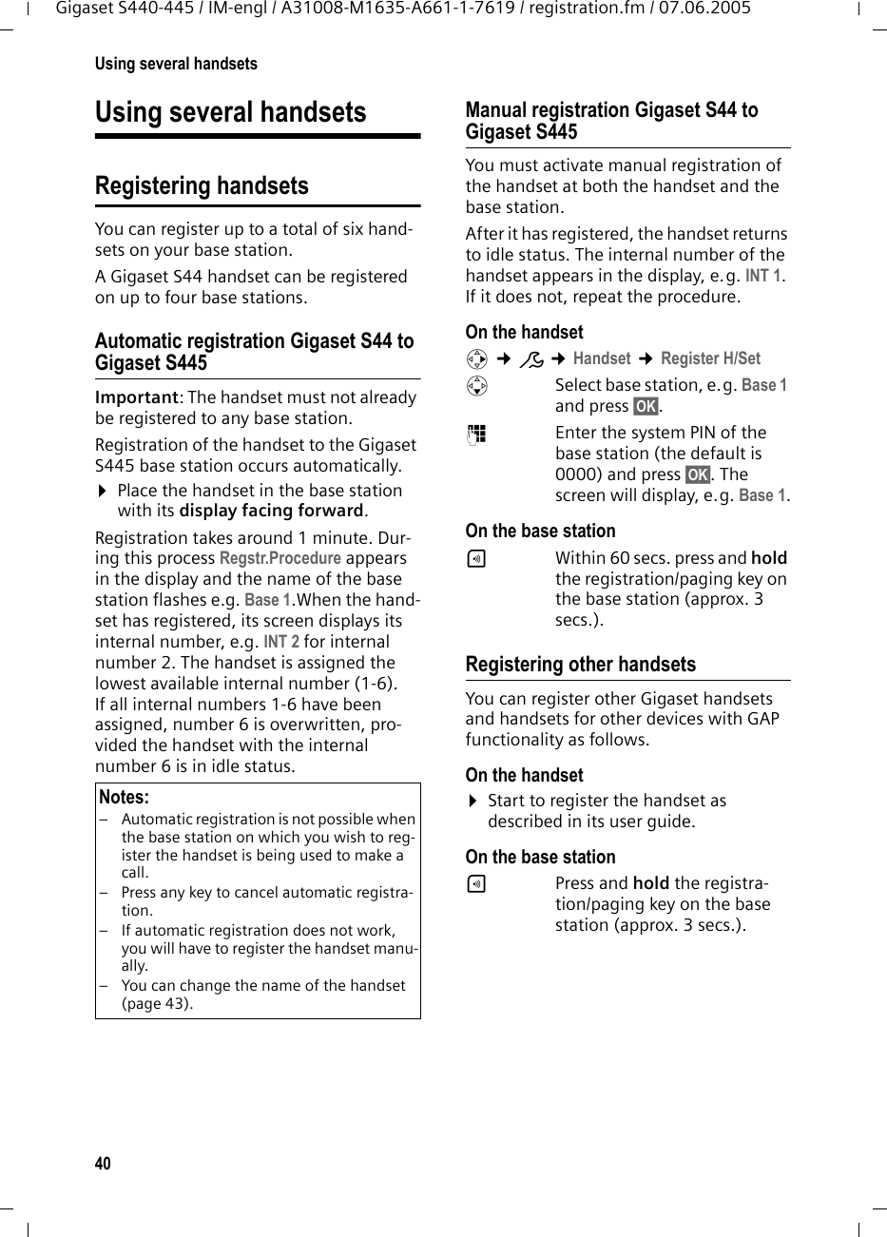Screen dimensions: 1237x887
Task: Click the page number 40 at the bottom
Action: pyautogui.click(x=103, y=1164)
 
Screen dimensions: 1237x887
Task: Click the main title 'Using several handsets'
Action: pyautogui.click(x=230, y=112)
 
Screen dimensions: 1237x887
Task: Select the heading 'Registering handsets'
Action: pyautogui.click(x=202, y=185)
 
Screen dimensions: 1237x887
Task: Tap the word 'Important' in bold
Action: pyautogui.click(x=137, y=397)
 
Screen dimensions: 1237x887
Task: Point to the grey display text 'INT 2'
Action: pyautogui.click(x=280, y=642)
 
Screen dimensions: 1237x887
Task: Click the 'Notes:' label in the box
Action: pyautogui.click(x=124, y=797)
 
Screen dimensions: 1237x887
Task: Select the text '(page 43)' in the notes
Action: pyautogui.click(x=157, y=1003)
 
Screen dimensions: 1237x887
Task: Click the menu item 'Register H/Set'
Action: pyautogui.click(x=710, y=358)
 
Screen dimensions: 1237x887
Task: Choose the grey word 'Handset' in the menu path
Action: pyautogui.click(x=602, y=358)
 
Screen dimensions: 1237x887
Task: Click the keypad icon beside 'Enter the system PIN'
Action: pyautogui.click(x=476, y=434)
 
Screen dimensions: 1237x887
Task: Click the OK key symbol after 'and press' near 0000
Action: pyautogui.click(x=697, y=474)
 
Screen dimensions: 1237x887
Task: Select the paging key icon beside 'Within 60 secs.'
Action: pyautogui.click(x=476, y=559)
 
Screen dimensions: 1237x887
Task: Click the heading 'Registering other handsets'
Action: pyautogui.click(x=580, y=665)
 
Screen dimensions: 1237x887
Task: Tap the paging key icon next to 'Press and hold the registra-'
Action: pyautogui.click(x=476, y=884)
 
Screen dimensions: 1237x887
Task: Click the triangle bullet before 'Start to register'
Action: pyautogui.click(x=472, y=802)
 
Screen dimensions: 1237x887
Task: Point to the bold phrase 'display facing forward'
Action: pyautogui.click(x=271, y=512)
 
